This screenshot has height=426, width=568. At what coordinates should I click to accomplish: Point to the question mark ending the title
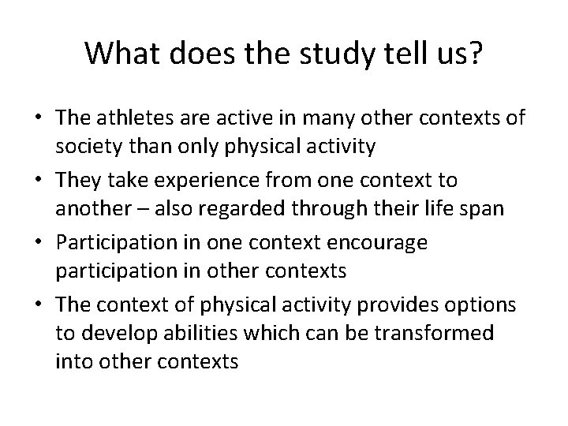point(476,54)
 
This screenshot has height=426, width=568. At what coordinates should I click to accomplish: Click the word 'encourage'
point(382,242)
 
